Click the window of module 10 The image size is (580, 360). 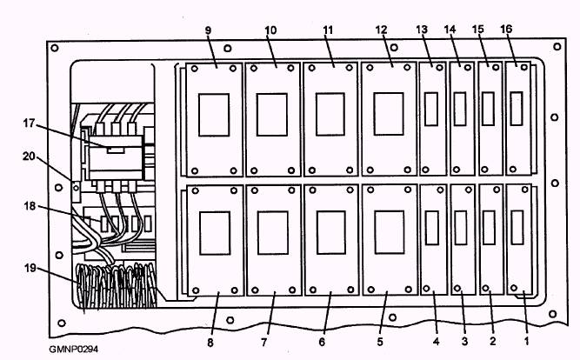click(x=272, y=114)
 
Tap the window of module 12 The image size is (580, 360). click(x=387, y=113)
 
